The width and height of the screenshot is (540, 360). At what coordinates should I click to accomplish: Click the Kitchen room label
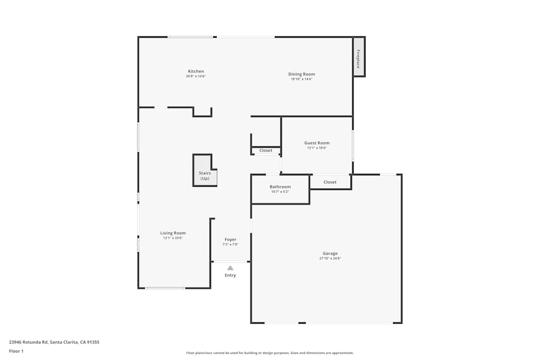195,71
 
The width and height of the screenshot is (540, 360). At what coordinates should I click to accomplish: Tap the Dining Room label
301,74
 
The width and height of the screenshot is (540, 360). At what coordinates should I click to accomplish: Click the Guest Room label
316,143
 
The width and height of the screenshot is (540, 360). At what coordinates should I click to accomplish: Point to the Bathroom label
280,187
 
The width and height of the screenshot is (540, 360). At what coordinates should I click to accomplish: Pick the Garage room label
330,253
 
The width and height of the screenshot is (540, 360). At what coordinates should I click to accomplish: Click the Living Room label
173,233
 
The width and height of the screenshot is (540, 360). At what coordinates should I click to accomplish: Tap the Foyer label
231,239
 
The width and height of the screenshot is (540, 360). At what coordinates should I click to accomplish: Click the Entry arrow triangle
230,268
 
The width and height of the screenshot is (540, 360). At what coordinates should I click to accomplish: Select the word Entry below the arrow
230,275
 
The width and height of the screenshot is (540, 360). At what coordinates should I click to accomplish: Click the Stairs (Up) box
205,172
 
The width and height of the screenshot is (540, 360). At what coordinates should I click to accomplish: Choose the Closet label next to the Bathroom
330,182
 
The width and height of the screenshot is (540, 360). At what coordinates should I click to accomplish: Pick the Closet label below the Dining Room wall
266,151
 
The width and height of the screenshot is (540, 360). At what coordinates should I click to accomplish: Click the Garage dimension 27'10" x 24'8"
330,259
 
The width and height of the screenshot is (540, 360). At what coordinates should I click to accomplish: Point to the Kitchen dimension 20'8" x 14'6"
195,77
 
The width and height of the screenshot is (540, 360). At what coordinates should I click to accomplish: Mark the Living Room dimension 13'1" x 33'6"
173,238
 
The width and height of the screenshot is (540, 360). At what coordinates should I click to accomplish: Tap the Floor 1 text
16,351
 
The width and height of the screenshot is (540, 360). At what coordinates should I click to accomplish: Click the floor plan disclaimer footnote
270,353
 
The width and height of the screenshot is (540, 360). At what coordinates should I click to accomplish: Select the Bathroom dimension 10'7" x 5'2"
280,192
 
